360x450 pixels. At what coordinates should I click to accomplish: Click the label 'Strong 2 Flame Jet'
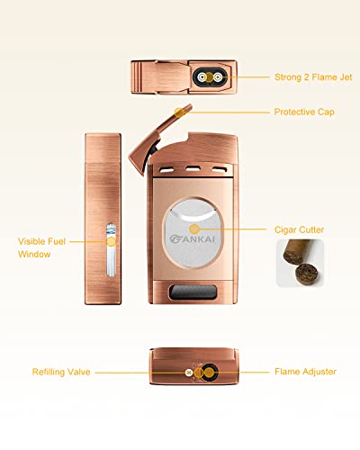[313, 77]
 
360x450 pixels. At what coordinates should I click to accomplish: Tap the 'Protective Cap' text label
[304, 112]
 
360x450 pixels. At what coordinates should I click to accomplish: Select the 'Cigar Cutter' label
[299, 229]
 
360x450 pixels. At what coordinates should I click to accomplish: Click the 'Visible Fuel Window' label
[41, 247]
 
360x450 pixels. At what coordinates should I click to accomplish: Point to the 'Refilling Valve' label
[61, 372]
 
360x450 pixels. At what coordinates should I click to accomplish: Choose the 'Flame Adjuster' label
[305, 372]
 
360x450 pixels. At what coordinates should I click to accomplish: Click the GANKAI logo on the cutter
[193, 238]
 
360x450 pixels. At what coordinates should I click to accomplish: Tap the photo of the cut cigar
[300, 263]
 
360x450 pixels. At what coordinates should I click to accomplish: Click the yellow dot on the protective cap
[179, 112]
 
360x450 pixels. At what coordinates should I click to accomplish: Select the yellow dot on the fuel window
[112, 241]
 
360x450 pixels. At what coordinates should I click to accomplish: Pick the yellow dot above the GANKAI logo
[194, 229]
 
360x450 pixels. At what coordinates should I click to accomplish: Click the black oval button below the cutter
[193, 292]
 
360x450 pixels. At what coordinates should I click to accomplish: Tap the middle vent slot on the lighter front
[193, 169]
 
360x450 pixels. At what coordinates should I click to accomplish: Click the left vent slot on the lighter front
[166, 170]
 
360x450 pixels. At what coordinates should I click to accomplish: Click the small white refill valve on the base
[189, 373]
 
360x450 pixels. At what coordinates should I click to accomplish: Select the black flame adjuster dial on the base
[209, 373]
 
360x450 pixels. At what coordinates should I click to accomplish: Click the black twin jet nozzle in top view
[210, 77]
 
